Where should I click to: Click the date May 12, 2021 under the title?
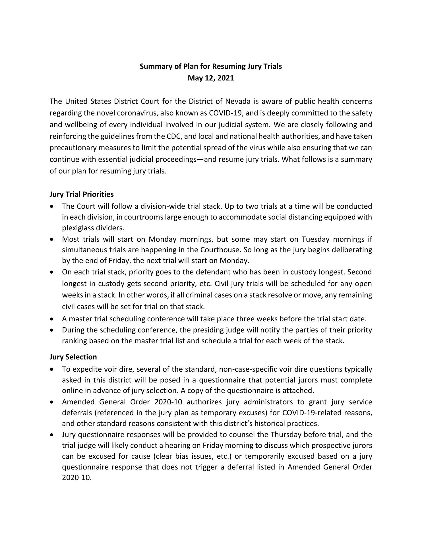211,78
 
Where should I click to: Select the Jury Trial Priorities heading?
82,194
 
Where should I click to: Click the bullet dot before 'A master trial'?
51,319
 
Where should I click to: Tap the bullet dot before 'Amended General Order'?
51,402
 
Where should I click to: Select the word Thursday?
285,435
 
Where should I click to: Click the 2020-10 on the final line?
77,477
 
